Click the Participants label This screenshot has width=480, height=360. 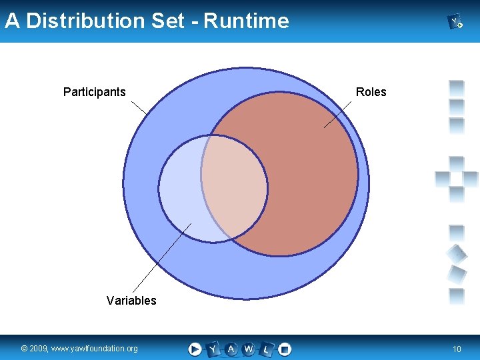pos(94,92)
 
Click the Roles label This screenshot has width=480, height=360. pos(371,92)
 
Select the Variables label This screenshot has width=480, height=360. pos(131,301)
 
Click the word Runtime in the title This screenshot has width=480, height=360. pos(246,21)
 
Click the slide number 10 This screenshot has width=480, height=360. pos(457,349)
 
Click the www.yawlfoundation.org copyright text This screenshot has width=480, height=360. pos(79,349)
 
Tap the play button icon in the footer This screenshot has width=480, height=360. pos(195,349)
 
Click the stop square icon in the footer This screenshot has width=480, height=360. pos(285,349)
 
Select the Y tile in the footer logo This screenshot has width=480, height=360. pos(213,349)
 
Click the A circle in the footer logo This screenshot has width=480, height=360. pos(231,349)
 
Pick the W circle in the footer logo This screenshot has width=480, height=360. pos(249,349)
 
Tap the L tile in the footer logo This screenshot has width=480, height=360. pos(267,349)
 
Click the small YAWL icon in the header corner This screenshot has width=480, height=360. pos(456,22)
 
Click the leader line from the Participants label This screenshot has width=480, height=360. pos(140,109)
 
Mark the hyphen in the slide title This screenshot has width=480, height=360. pos(194,22)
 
